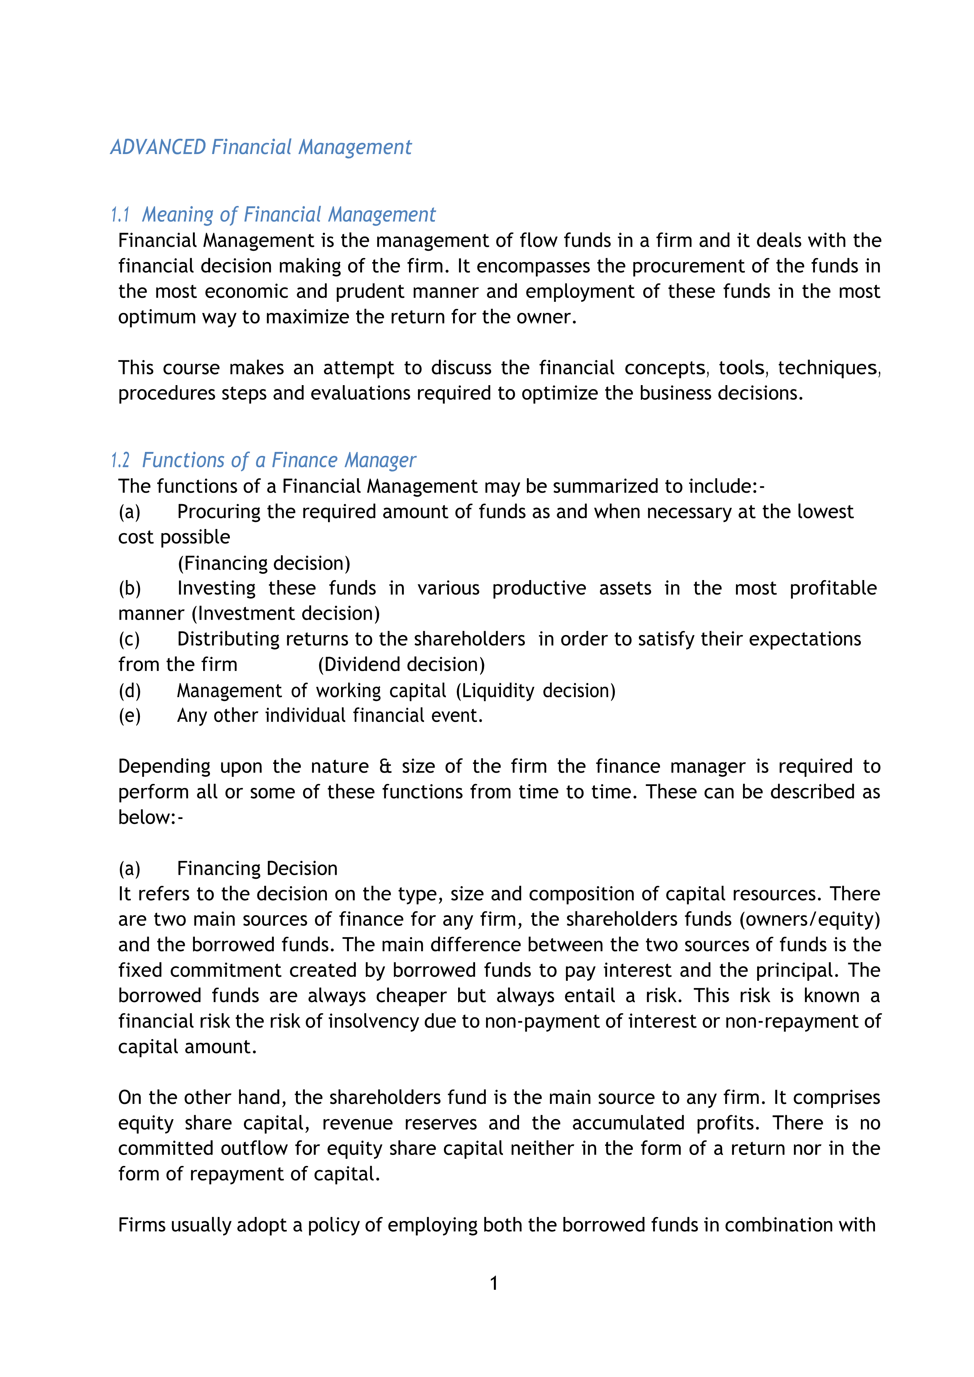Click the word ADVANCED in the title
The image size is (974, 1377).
158,147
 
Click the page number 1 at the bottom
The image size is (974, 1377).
493,1283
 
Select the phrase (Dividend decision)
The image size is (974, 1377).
401,665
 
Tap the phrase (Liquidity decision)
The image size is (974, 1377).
536,691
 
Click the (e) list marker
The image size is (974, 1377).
130,716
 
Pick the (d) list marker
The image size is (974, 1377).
130,691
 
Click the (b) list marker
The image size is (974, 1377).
130,588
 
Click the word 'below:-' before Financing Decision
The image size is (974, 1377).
150,817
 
